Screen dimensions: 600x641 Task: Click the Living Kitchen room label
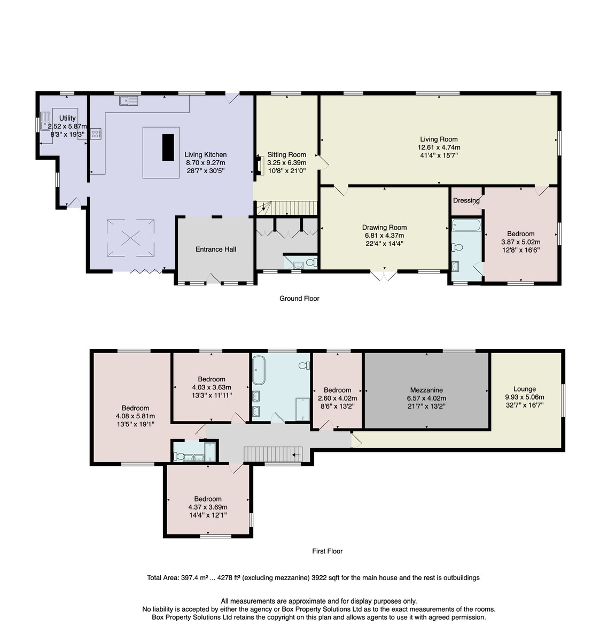(x=205, y=155)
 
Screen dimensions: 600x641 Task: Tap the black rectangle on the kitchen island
(x=168, y=147)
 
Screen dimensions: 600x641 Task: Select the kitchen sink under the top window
(x=129, y=101)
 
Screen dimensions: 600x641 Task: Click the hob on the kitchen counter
(x=96, y=134)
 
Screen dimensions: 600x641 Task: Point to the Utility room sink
(x=45, y=121)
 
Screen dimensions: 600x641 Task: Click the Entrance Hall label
(x=216, y=249)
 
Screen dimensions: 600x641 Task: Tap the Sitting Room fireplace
(x=260, y=165)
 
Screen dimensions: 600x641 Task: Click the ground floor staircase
(x=287, y=208)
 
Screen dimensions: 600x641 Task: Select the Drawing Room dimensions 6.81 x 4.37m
(x=384, y=236)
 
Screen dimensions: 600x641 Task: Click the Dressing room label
(x=466, y=200)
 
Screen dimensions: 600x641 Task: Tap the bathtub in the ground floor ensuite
(x=466, y=225)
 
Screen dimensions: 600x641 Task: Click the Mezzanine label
(x=426, y=390)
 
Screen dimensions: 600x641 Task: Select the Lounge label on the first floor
(x=525, y=389)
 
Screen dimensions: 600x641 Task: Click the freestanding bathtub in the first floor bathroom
(x=259, y=370)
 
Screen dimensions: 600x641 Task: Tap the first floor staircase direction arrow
(x=296, y=455)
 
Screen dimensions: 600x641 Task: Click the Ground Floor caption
(x=299, y=299)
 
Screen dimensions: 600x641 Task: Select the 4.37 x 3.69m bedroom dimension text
(x=208, y=507)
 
